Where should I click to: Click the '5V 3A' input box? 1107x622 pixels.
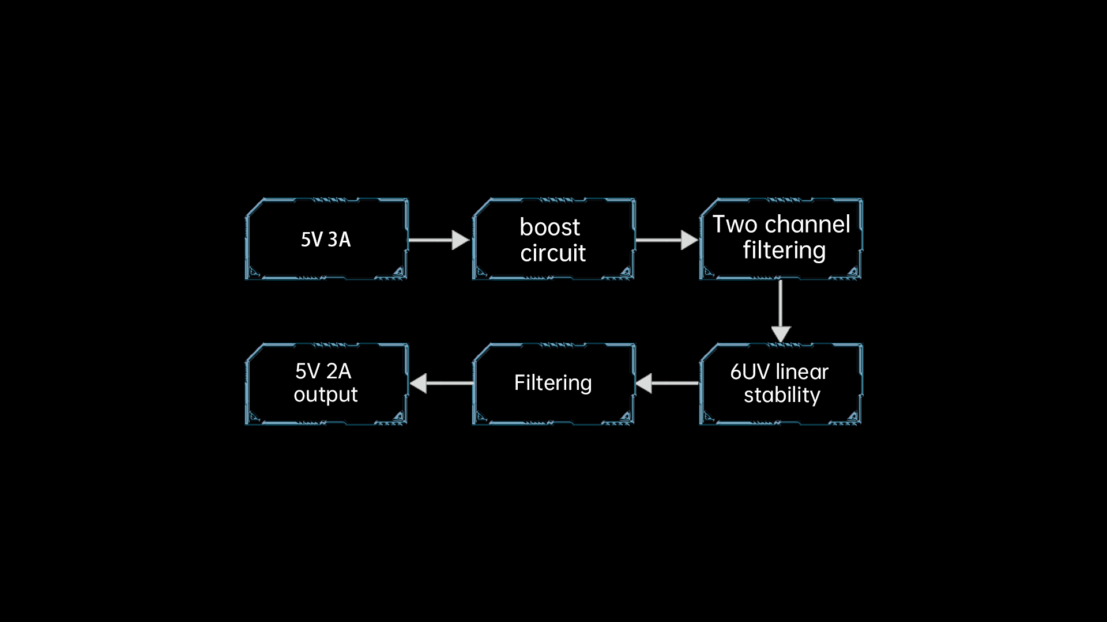coord(327,239)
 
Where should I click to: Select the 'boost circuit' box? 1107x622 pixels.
coord(554,239)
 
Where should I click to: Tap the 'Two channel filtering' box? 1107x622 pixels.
coord(781,239)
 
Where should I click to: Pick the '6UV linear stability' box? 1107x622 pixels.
coord(781,384)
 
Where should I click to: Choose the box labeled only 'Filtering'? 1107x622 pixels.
coord(554,384)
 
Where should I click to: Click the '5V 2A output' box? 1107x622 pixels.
coord(327,384)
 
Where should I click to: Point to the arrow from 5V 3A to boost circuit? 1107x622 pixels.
coord(439,240)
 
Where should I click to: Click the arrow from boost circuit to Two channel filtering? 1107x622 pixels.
coord(667,240)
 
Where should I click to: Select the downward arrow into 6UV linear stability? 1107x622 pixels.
coord(781,312)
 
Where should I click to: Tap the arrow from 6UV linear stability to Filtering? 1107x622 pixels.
coord(667,383)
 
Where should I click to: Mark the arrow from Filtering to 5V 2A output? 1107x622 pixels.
coord(441,383)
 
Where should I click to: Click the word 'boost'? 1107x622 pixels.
coord(549,227)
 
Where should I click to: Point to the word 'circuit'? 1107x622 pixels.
coord(553,253)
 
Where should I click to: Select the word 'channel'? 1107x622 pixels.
coord(807,224)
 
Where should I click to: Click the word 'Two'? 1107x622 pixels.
coord(735,224)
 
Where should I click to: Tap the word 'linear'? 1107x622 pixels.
coord(803,371)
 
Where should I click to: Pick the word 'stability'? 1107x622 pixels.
coord(782,395)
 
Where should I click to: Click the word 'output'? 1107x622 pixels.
coord(326,395)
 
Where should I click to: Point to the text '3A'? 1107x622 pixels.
coord(339,240)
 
